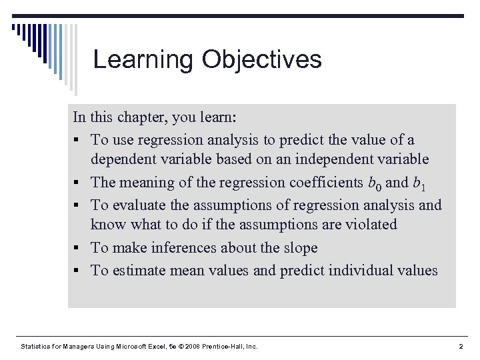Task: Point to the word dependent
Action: pos(125,160)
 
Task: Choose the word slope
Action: pos(299,247)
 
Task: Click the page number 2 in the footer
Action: pos(461,346)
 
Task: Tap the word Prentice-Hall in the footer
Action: pos(215,346)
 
